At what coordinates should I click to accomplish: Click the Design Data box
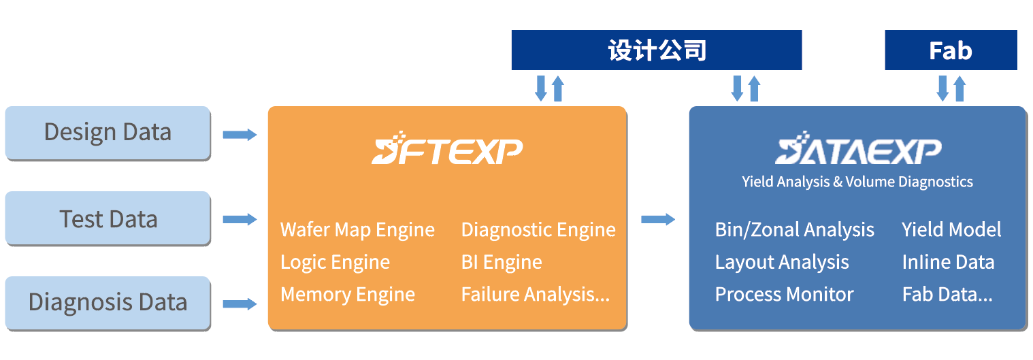click(x=108, y=132)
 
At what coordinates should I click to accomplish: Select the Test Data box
click(x=108, y=218)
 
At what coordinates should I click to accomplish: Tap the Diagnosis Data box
click(x=108, y=302)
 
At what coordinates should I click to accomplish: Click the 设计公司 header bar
click(x=656, y=50)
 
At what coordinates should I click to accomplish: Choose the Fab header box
click(x=950, y=50)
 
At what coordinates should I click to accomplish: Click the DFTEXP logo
click(x=447, y=148)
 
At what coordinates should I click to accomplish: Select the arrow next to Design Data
click(x=240, y=135)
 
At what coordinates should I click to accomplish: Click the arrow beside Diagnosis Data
click(x=240, y=304)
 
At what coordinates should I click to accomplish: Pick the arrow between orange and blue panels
click(x=657, y=219)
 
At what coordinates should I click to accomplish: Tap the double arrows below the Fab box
click(x=951, y=88)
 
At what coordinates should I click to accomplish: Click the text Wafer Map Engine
click(x=357, y=230)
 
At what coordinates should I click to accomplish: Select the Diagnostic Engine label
click(x=538, y=230)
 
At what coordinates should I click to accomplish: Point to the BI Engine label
click(x=502, y=262)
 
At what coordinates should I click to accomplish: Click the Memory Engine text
click(x=348, y=295)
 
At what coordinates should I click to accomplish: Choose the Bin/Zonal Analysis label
click(x=794, y=230)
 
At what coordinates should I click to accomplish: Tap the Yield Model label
click(x=951, y=230)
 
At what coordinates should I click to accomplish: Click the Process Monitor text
click(x=784, y=295)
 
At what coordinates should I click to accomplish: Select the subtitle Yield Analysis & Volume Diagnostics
click(x=857, y=182)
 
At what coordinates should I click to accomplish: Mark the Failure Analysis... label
click(x=535, y=295)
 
